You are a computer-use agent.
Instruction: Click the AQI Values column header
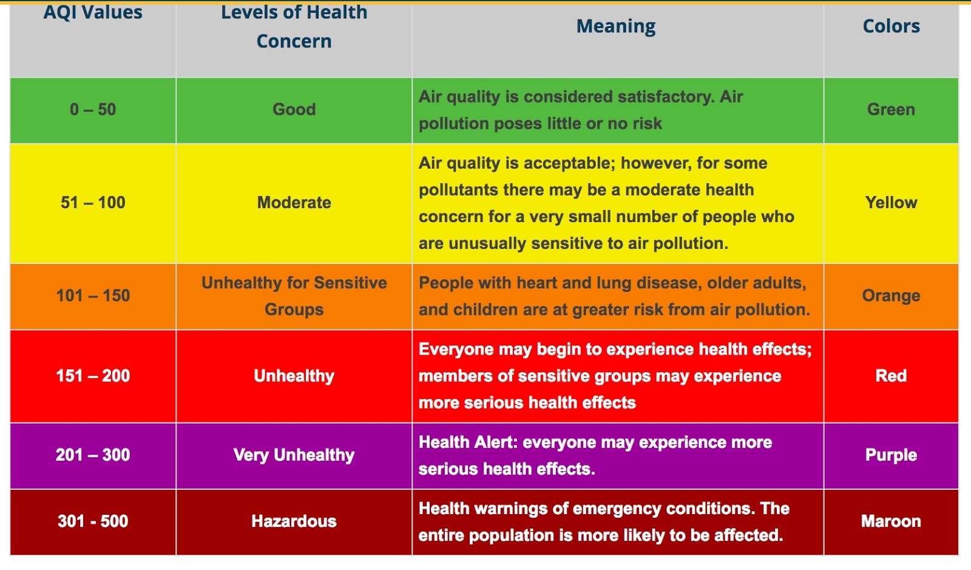click(93, 13)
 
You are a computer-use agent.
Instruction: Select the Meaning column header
click(615, 27)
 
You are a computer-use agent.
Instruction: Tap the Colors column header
click(891, 27)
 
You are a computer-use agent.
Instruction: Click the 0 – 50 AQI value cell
click(93, 110)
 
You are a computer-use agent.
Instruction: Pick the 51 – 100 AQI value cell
click(93, 203)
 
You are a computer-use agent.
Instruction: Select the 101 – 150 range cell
click(93, 296)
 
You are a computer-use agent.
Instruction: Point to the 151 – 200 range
click(93, 376)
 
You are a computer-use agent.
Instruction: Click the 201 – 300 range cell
click(93, 455)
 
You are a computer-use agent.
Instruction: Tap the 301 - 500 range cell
click(93, 521)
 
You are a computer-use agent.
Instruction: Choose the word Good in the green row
click(294, 110)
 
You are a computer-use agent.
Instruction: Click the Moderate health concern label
click(294, 203)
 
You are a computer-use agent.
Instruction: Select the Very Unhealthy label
click(294, 455)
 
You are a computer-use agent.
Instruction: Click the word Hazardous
click(294, 521)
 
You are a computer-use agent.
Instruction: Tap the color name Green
click(891, 110)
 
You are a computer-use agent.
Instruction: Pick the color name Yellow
click(891, 203)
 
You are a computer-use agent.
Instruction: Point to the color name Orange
click(891, 296)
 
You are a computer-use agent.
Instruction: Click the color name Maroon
click(891, 521)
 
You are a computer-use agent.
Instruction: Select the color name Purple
click(891, 455)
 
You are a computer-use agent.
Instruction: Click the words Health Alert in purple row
click(468, 443)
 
